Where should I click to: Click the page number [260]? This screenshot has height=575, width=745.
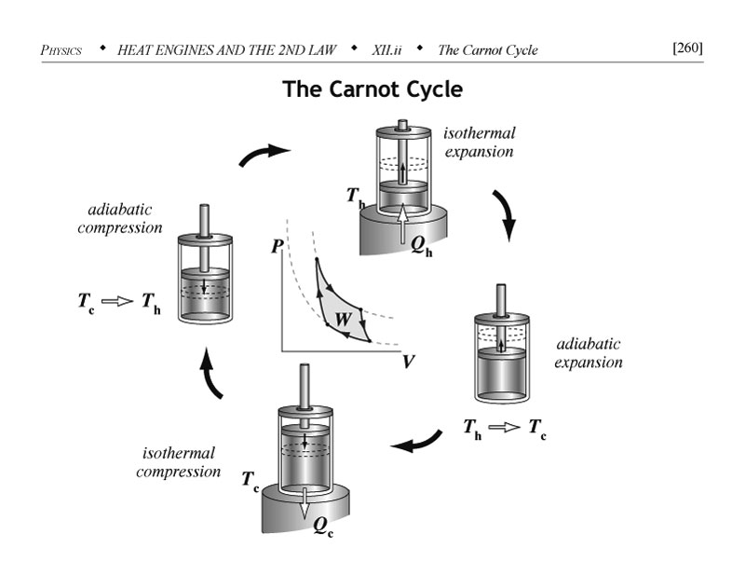coord(686,48)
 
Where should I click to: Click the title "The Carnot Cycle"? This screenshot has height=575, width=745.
coord(372,90)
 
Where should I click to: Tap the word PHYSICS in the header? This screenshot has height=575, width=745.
coord(61,49)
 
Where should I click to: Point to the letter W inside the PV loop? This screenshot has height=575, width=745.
coord(343,319)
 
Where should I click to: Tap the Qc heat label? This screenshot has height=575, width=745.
coord(323,526)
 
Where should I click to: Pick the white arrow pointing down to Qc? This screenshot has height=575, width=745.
coord(305,504)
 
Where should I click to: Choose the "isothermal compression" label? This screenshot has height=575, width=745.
coord(179,461)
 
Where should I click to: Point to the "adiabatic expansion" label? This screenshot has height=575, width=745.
coord(589,353)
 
